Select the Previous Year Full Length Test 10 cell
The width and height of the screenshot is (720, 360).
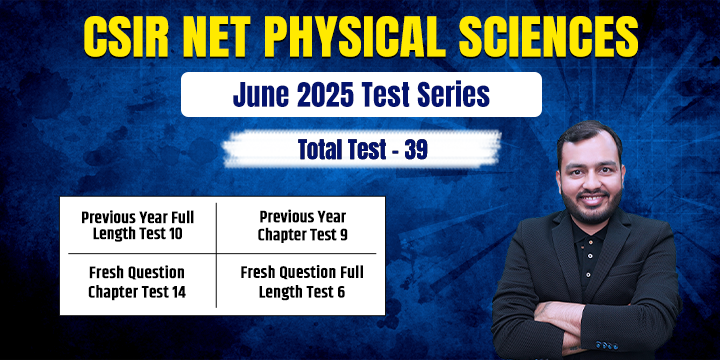point(138,225)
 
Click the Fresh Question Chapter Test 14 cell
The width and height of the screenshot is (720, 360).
point(138,282)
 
